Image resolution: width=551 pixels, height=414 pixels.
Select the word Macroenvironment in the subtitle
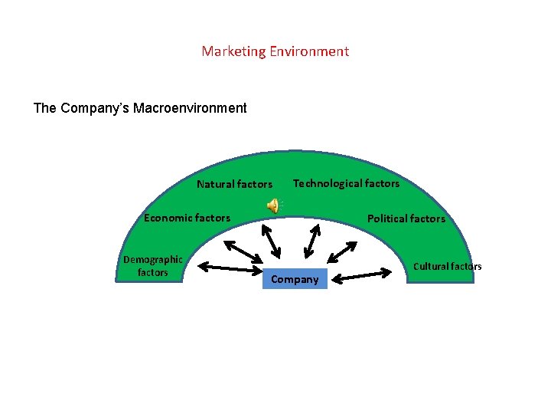coord(190,108)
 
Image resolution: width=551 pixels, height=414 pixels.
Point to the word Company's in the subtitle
coord(96,108)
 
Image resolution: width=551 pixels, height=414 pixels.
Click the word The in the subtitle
coord(44,108)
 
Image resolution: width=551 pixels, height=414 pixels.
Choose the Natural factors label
coord(234,184)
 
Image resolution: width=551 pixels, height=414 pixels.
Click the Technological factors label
coord(346,183)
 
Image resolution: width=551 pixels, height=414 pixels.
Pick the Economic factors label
coord(187,218)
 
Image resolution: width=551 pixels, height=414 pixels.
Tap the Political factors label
coord(406,219)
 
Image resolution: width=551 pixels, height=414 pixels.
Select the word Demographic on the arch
coord(153,259)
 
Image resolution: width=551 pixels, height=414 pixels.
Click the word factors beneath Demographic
coord(152,272)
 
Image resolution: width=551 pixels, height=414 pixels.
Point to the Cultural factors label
coord(447,267)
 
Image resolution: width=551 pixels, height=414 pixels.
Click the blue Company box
coord(295,279)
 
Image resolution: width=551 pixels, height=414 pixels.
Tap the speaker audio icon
coord(272,205)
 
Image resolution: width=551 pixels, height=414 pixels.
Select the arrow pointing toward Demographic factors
coord(230,268)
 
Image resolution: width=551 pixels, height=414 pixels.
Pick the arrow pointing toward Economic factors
coord(244,254)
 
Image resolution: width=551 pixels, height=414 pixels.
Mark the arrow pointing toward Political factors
coord(341,251)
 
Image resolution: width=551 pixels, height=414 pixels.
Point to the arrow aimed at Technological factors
coord(311,240)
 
